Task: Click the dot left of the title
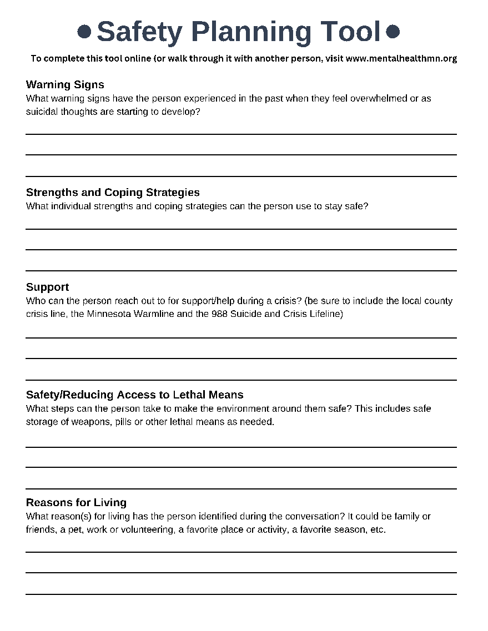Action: point(84,32)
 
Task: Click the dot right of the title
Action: point(393,32)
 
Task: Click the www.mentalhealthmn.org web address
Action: point(401,58)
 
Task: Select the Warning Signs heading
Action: point(65,85)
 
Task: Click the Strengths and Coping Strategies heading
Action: point(113,193)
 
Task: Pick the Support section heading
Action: point(48,287)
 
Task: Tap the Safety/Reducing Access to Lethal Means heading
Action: point(135,395)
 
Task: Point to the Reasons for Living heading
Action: point(76,502)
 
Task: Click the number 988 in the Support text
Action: point(218,314)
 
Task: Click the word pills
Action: point(124,422)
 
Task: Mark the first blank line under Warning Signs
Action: point(241,134)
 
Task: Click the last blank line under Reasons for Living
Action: point(241,594)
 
